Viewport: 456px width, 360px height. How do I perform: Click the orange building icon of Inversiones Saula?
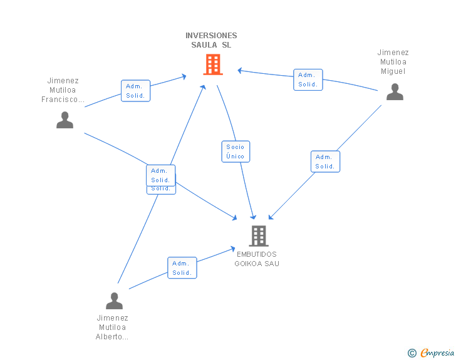click(213, 64)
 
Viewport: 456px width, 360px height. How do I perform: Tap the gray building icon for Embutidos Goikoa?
click(259, 236)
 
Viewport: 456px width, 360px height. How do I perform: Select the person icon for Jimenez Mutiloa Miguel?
click(395, 92)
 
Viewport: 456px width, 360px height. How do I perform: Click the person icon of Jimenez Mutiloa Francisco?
click(65, 120)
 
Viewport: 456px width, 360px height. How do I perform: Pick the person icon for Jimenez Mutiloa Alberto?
click(114, 301)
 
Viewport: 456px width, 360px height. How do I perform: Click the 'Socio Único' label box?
click(236, 152)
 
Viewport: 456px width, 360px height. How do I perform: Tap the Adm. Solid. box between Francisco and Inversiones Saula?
click(135, 91)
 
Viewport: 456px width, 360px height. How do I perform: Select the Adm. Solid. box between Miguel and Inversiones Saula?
click(308, 80)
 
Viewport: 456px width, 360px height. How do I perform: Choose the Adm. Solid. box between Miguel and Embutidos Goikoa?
click(325, 162)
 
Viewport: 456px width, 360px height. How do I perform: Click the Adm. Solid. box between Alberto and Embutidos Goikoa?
click(182, 268)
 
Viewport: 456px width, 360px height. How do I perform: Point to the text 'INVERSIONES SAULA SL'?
click(211, 40)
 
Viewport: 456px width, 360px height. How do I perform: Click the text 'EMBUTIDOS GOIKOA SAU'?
click(257, 259)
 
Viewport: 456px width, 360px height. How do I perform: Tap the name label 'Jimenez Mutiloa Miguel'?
click(393, 62)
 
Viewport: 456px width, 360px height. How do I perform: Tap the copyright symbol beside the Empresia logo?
click(412, 353)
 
